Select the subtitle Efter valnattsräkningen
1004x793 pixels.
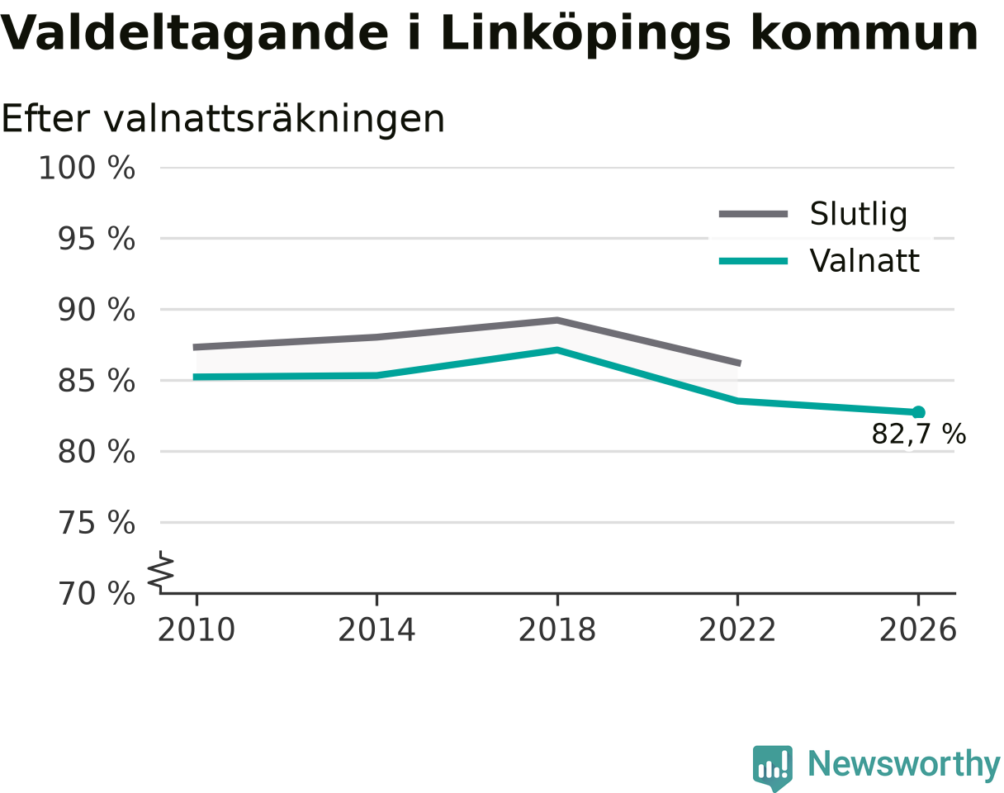coord(223,120)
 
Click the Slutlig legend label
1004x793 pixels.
coord(859,215)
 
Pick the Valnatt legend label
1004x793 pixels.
coord(864,261)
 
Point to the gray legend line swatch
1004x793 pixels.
coord(753,214)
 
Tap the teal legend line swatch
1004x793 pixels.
coord(753,261)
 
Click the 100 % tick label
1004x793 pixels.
coord(87,168)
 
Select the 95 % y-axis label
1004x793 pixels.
coord(97,240)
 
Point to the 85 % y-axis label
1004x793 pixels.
coord(97,382)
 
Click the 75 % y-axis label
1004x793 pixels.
coord(97,523)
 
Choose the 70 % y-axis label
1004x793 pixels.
coord(97,595)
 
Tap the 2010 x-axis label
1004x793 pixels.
coord(197,630)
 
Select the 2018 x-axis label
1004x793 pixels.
coord(557,630)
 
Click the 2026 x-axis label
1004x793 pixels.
coord(917,630)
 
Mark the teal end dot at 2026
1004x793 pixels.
coord(918,412)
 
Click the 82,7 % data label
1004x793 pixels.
coord(919,434)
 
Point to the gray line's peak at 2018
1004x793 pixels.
coord(557,321)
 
